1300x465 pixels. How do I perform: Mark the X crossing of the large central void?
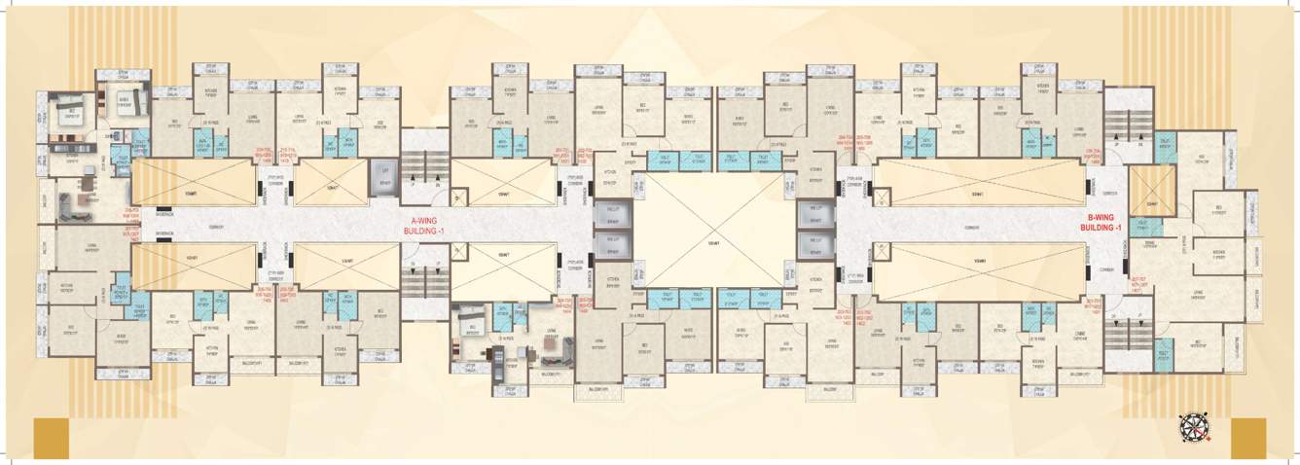[x=713, y=231]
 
